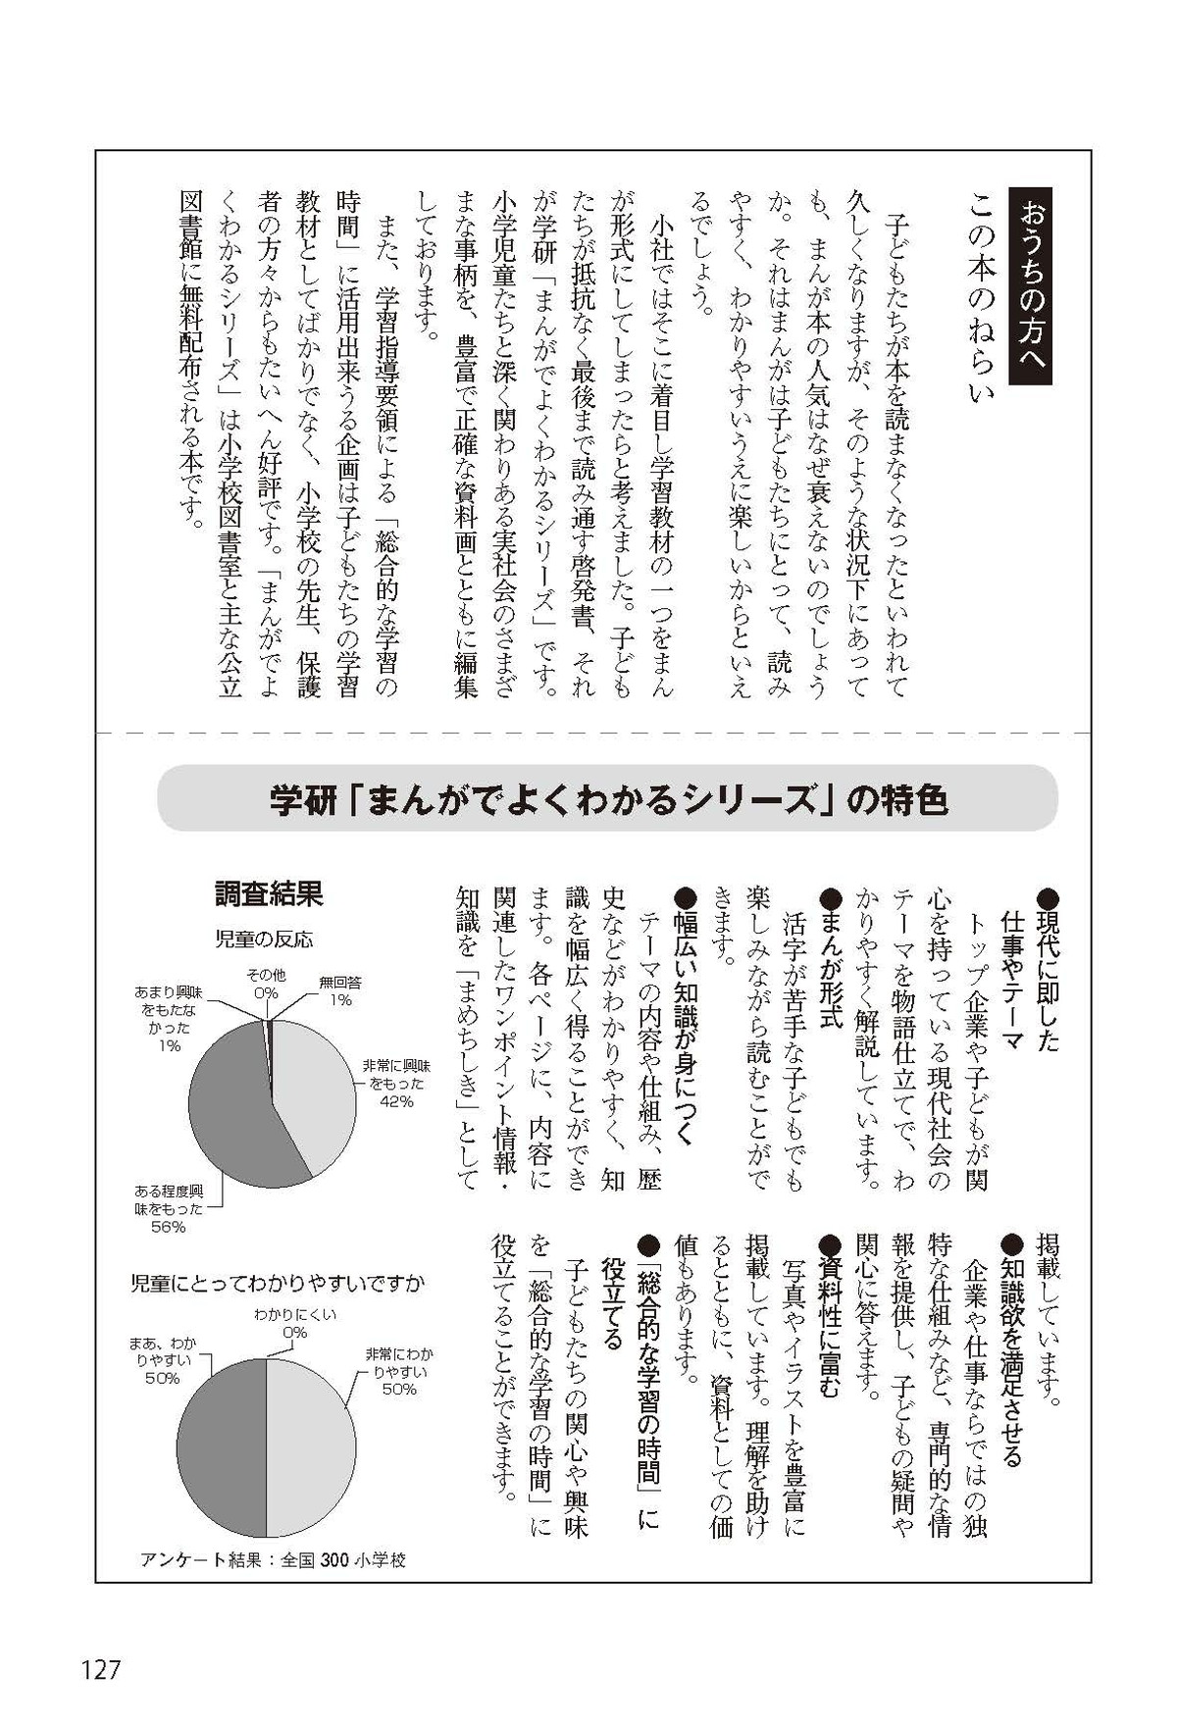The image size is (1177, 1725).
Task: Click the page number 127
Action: (x=100, y=1669)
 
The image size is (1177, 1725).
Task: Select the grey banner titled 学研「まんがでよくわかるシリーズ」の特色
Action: (x=607, y=799)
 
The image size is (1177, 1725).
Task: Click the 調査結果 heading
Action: (x=269, y=893)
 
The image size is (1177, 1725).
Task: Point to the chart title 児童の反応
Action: (x=264, y=939)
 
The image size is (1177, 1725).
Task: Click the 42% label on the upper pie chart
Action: (x=398, y=1100)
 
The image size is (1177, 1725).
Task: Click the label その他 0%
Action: (x=266, y=984)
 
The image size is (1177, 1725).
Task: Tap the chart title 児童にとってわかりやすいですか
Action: (x=279, y=1282)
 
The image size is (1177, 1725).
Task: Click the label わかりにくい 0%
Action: (x=294, y=1324)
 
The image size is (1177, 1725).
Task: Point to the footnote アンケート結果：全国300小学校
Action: (x=273, y=1559)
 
